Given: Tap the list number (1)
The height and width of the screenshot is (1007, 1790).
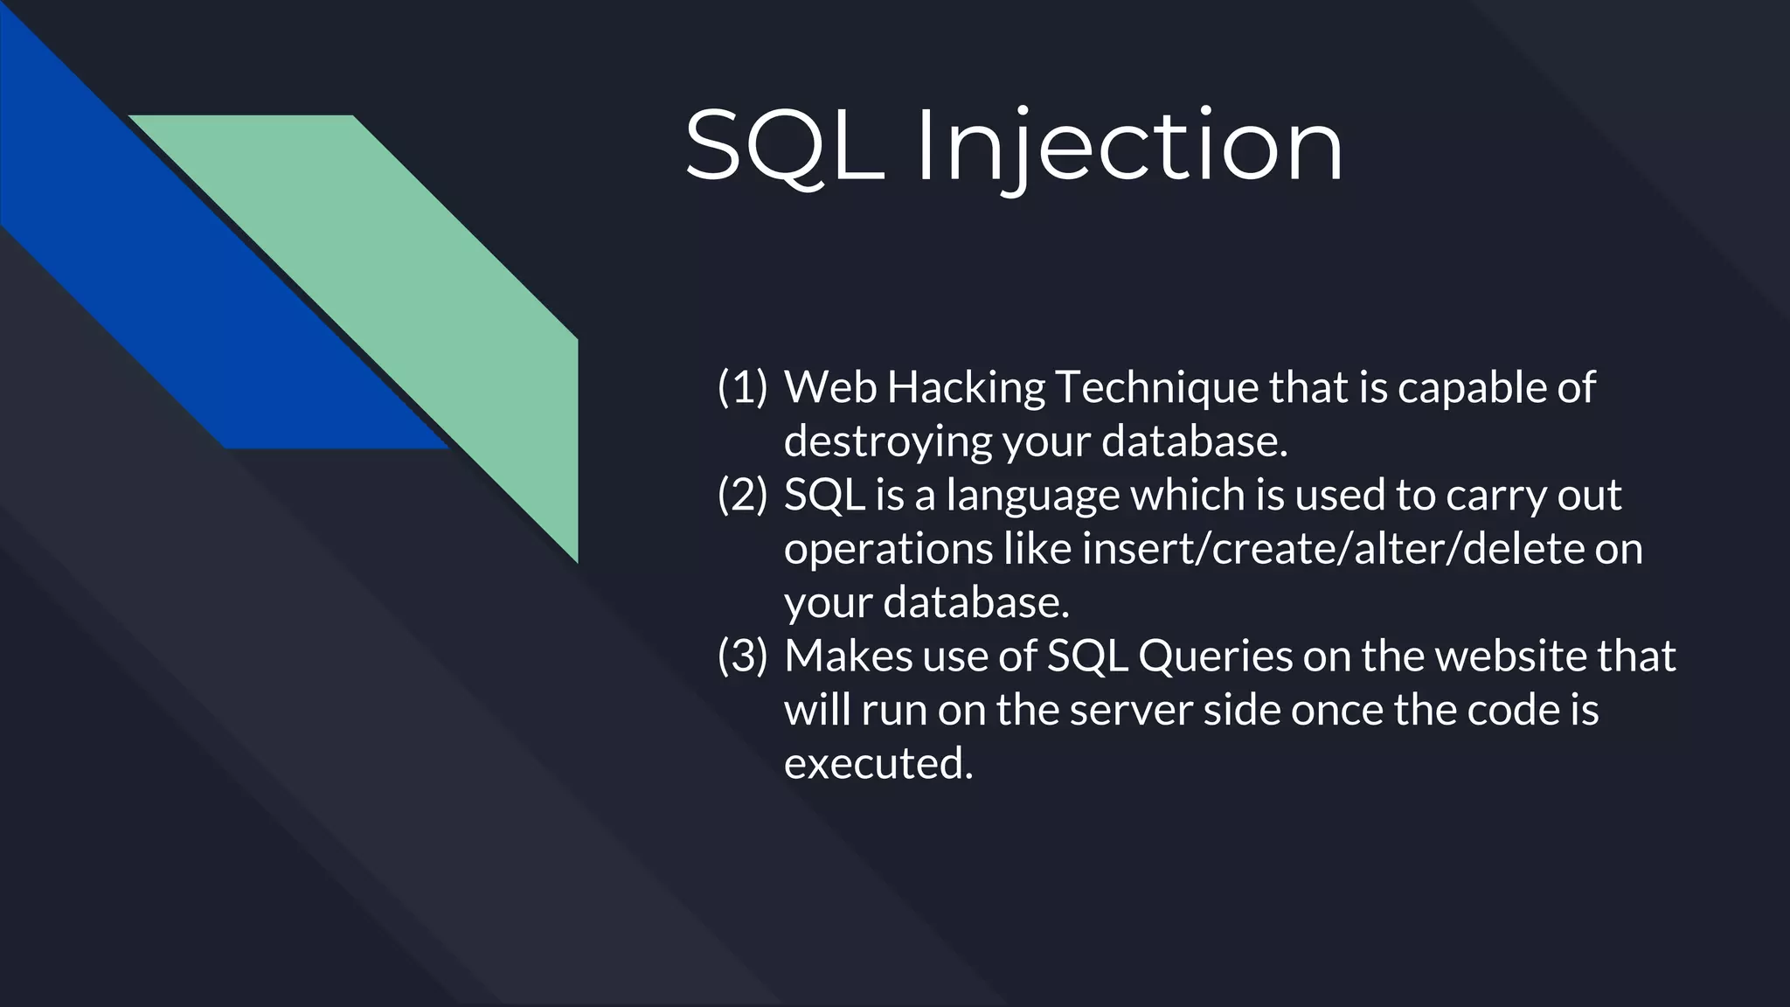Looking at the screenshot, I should point(742,387).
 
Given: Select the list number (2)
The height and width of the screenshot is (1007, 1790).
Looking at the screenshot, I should point(742,495).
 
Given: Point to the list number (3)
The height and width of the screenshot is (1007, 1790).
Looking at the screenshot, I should point(742,656).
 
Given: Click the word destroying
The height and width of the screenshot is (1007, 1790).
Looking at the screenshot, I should point(887,441).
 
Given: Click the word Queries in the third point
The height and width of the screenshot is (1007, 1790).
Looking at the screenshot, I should point(1215,656).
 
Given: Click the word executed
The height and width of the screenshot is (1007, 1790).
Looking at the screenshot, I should point(878,764).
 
